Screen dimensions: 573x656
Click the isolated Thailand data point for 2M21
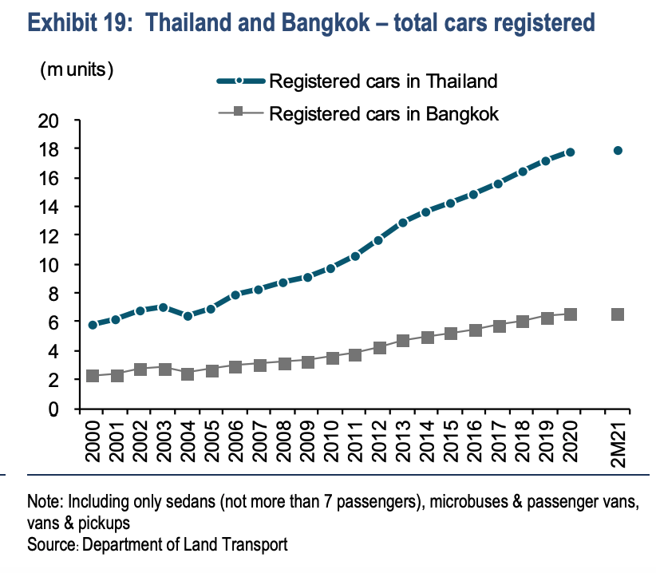click(618, 150)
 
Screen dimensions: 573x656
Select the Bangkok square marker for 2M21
click(618, 314)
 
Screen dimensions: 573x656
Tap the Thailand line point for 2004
click(188, 316)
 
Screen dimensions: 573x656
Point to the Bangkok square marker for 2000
click(93, 376)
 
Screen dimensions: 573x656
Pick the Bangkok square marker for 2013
click(403, 341)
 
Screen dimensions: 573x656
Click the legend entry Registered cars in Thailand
click(383, 81)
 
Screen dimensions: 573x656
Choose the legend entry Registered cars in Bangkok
click(384, 113)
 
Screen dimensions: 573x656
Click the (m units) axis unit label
click(77, 69)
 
